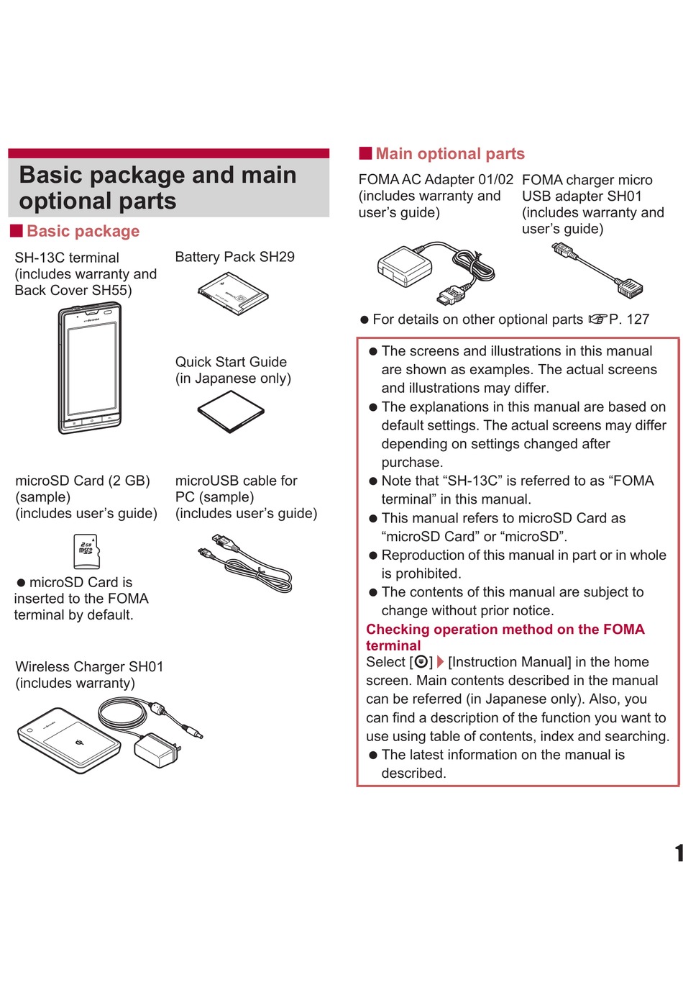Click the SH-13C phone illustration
click(x=90, y=368)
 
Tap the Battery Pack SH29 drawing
click(x=233, y=294)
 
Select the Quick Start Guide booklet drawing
click(x=231, y=412)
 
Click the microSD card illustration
click(x=86, y=551)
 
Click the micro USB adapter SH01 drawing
click(x=597, y=271)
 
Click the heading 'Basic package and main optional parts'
click(x=158, y=188)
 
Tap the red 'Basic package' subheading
click(x=83, y=231)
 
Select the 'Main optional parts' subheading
click(x=450, y=153)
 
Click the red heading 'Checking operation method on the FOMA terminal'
click(x=505, y=637)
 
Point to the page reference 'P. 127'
click(x=629, y=319)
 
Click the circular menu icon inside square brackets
click(x=421, y=662)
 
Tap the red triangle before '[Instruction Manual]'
click(x=440, y=662)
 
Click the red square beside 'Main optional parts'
click(x=365, y=153)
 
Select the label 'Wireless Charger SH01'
click(x=89, y=666)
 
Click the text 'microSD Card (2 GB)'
click(x=83, y=481)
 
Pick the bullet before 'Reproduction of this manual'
click(x=373, y=555)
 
